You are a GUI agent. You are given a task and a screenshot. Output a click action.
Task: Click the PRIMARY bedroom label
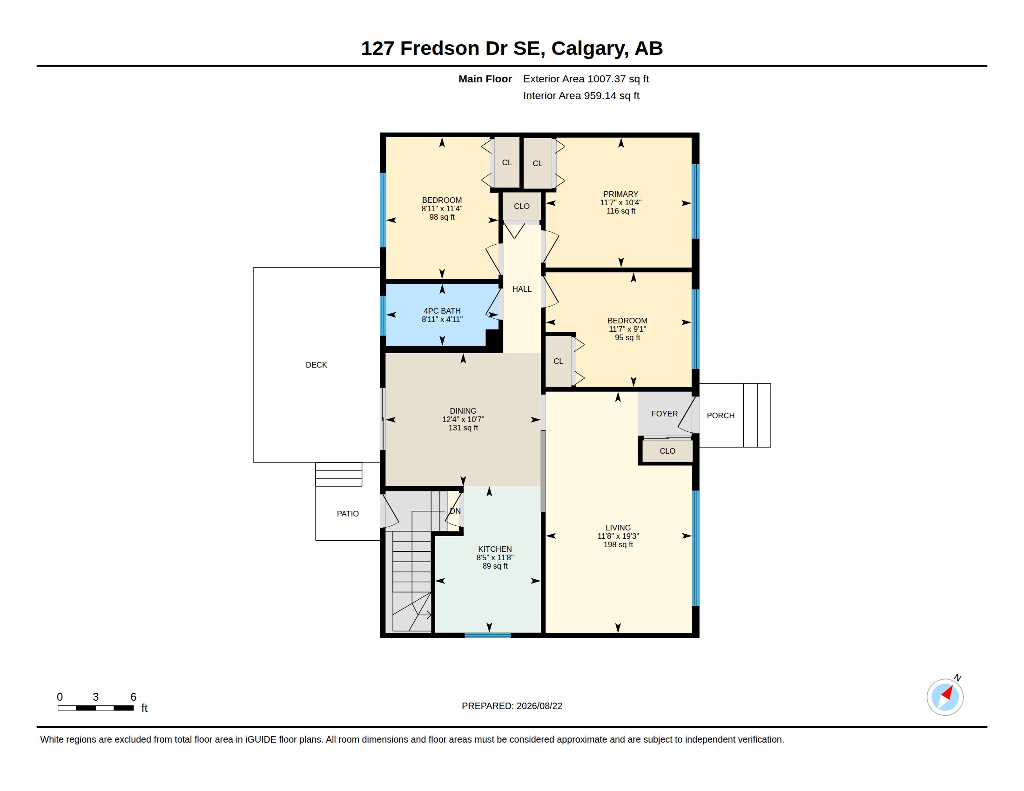pos(621,194)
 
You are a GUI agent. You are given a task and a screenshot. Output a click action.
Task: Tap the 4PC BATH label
pos(442,311)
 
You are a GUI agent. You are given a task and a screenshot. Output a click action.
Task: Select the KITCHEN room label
pos(495,549)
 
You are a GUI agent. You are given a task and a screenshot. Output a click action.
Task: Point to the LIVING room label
pos(618,527)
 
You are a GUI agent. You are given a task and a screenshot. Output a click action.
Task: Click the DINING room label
pos(463,410)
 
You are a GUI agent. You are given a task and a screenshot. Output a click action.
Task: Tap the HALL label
pos(522,289)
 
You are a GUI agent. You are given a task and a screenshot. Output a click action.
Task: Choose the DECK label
pos(316,365)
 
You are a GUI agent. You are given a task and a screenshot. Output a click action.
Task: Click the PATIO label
pos(347,514)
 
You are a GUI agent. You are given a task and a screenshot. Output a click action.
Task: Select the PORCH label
pos(720,415)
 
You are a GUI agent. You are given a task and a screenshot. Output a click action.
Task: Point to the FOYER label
pos(664,413)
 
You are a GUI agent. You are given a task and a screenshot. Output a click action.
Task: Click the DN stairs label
pos(455,511)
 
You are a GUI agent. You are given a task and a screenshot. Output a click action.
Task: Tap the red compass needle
pos(948,693)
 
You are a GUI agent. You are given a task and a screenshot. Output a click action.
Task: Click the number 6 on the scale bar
pos(133,697)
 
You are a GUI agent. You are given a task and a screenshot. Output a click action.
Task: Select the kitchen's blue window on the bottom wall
pos(488,635)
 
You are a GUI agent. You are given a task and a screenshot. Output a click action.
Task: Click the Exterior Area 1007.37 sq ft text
pos(586,79)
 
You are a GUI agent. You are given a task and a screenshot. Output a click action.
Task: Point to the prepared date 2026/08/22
pos(539,706)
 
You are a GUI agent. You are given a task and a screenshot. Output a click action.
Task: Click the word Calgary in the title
pos(590,49)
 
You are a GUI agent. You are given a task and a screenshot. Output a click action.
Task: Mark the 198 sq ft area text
pos(618,544)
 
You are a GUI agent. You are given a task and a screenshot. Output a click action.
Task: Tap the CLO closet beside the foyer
pos(667,451)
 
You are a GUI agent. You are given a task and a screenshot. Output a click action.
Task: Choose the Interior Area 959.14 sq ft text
pos(581,95)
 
